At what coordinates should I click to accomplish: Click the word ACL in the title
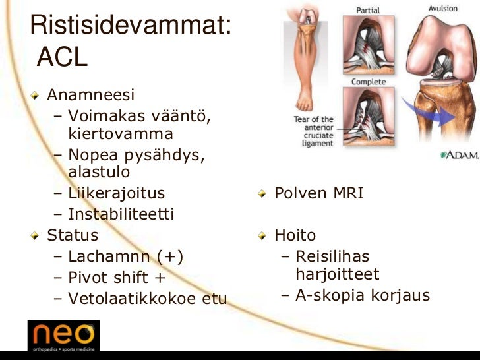(x=63, y=58)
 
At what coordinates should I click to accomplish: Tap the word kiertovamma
(x=121, y=135)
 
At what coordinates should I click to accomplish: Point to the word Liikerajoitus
(x=116, y=194)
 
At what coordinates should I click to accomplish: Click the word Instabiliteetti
(x=121, y=214)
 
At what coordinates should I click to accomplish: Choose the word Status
(x=73, y=235)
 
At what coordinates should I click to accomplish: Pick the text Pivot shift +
(x=117, y=278)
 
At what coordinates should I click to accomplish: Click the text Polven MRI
(x=318, y=194)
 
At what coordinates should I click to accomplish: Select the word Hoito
(x=295, y=235)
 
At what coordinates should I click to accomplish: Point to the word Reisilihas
(x=332, y=256)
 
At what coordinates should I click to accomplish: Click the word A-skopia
(x=330, y=295)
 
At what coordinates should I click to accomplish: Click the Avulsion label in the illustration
(x=443, y=9)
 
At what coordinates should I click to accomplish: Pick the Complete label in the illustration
(x=369, y=82)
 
